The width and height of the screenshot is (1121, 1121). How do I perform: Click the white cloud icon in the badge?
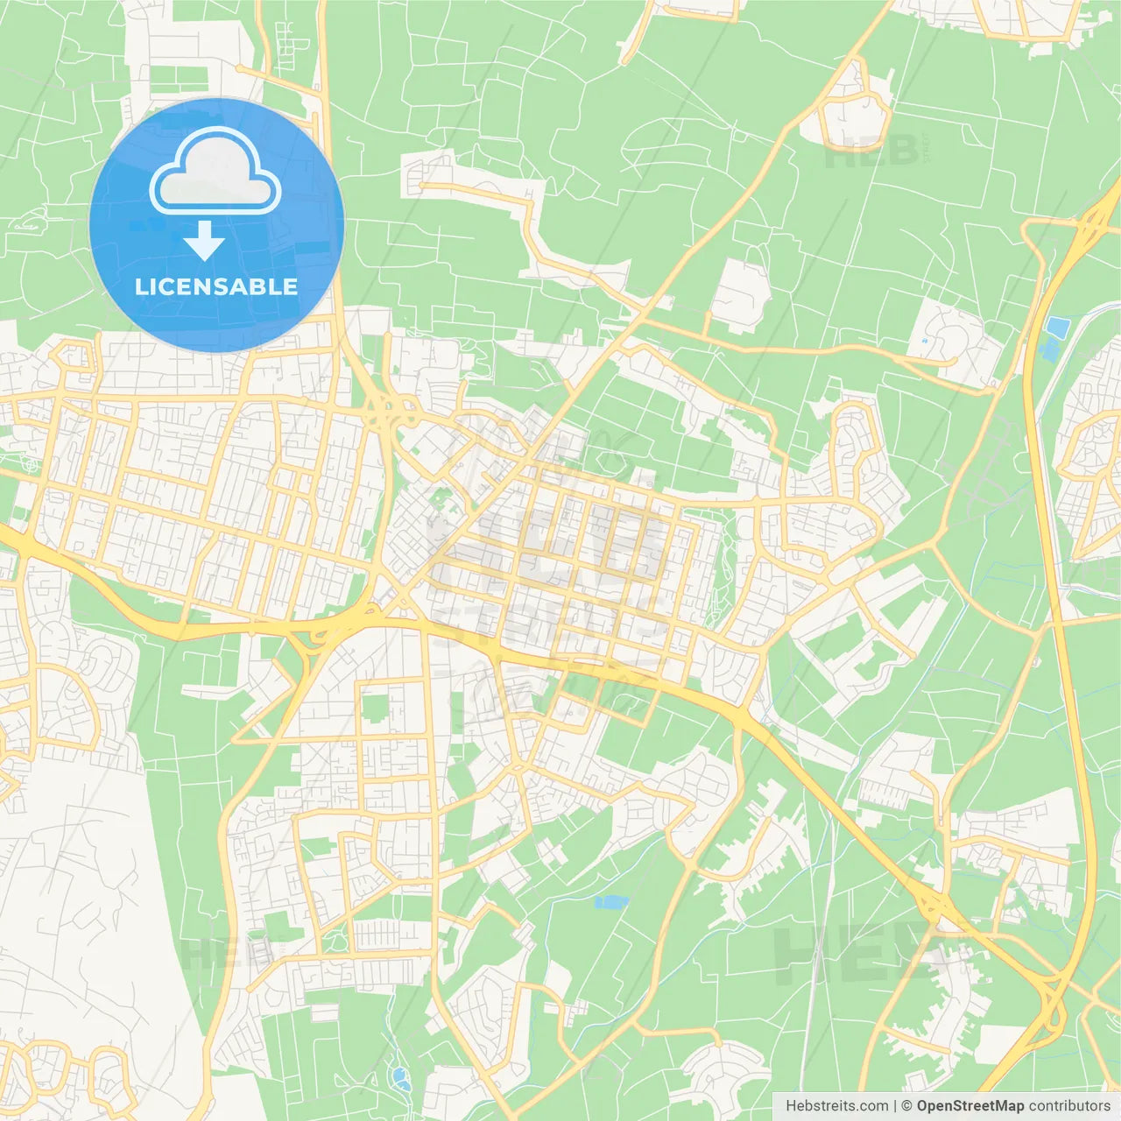tap(215, 171)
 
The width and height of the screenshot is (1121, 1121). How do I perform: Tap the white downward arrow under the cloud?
tap(205, 241)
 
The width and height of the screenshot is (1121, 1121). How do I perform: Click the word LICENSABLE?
tap(216, 286)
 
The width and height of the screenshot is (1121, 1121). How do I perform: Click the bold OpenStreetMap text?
tap(969, 1106)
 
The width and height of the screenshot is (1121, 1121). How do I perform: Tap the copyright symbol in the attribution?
tap(906, 1106)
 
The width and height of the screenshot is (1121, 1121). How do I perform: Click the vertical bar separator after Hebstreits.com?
tap(895, 1106)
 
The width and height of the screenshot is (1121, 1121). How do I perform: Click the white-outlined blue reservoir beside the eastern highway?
tap(1057, 328)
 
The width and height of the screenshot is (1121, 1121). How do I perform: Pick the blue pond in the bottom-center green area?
tap(611, 902)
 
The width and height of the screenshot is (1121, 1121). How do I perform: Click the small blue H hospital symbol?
tap(924, 341)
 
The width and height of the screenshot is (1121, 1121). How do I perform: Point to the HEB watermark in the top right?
tap(871, 154)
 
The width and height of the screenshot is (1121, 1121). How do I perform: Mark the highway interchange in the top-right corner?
tap(1091, 224)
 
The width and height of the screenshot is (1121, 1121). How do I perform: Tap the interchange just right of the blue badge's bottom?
tap(383, 406)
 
